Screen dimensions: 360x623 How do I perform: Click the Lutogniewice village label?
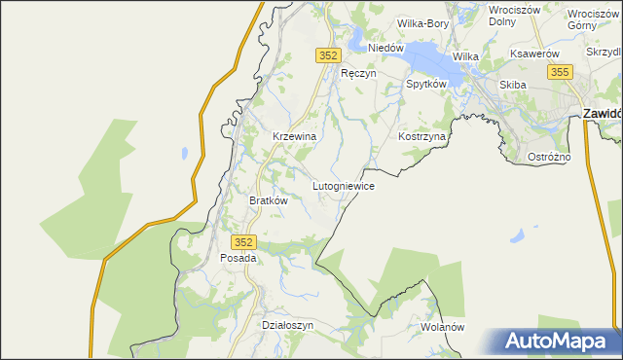click(343, 185)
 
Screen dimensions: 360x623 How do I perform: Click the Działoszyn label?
click(288, 325)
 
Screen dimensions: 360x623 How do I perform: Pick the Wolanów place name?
click(443, 327)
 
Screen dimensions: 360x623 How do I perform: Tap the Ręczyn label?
click(357, 73)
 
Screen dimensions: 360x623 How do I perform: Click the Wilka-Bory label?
click(422, 22)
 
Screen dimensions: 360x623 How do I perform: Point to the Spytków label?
click(425, 85)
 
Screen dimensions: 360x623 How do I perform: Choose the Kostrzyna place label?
click(421, 137)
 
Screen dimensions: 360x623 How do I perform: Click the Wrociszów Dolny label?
click(514, 14)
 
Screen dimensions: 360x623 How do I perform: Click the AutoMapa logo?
click(558, 342)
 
